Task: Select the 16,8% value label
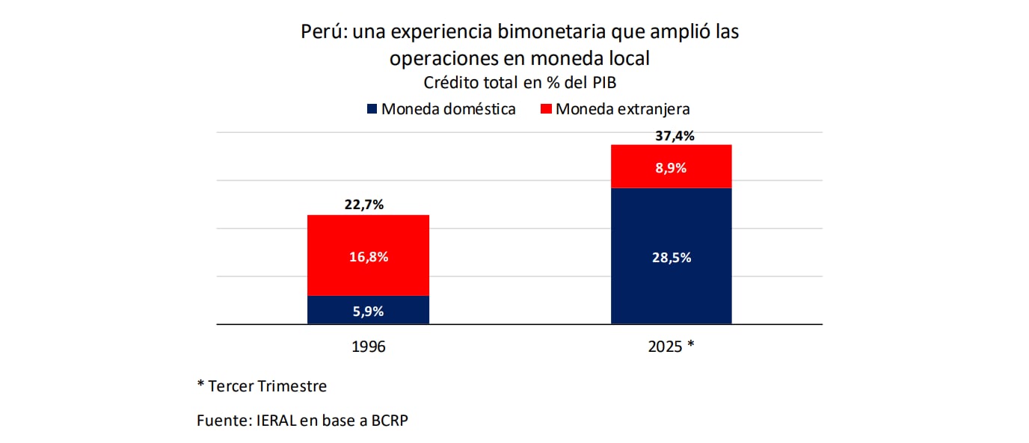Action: tap(369, 257)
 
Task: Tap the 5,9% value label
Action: tap(368, 312)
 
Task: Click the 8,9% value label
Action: tap(671, 168)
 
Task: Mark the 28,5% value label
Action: tap(672, 258)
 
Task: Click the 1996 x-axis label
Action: tap(368, 347)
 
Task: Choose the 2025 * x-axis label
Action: tap(671, 347)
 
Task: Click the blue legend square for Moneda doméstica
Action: tap(372, 109)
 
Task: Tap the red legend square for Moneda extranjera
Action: tap(545, 109)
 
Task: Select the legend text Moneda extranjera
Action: tap(622, 109)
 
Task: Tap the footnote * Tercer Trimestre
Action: tap(262, 386)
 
